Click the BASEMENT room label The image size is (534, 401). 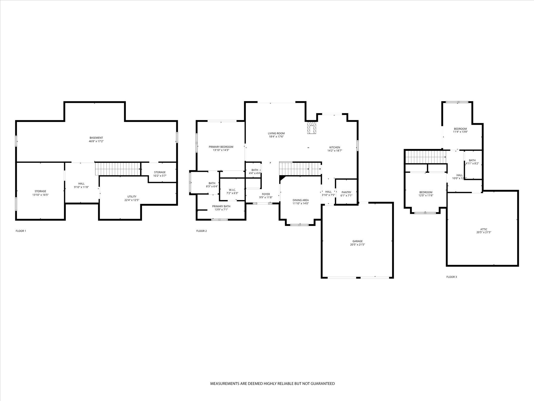(96, 138)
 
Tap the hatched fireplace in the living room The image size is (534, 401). (311, 128)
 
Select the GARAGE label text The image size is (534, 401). (357, 241)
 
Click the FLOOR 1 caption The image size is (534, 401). (21, 231)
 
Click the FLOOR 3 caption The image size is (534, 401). (452, 277)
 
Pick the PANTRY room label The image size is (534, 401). (346, 192)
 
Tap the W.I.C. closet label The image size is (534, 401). (232, 190)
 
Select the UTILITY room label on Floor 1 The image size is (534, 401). (132, 197)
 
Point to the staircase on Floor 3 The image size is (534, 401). (425, 157)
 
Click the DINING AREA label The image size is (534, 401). (301, 200)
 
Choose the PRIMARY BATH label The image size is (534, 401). (221, 206)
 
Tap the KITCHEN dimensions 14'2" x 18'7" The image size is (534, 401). (335, 150)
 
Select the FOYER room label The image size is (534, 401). (266, 194)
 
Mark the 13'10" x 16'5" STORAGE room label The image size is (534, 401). (40, 191)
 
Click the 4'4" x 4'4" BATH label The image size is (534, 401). (255, 170)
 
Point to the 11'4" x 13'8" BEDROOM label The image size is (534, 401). (460, 129)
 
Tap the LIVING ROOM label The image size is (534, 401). (276, 133)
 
